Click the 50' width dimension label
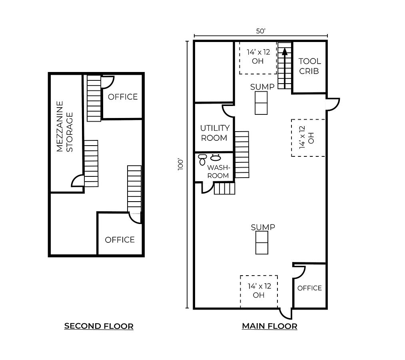(x=261, y=31)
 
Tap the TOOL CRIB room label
(x=310, y=66)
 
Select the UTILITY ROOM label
(x=214, y=133)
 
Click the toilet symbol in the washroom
(x=203, y=160)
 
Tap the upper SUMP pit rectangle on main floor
(x=261, y=103)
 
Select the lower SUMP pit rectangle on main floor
(x=262, y=242)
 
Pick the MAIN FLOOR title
(x=269, y=326)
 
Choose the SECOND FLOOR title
(x=99, y=326)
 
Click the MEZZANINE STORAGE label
(x=65, y=126)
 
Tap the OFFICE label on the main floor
(x=309, y=288)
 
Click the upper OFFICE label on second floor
(x=123, y=97)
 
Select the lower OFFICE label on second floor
(x=120, y=240)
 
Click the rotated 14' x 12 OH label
(x=307, y=137)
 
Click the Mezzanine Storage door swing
(x=78, y=181)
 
